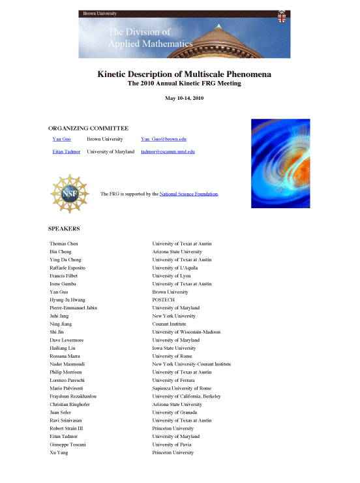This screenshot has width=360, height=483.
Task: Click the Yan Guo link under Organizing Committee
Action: click(61, 140)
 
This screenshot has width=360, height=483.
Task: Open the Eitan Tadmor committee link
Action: click(67, 151)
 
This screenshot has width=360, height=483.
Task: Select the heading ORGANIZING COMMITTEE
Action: click(88, 129)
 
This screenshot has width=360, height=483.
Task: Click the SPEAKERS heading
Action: click(64, 229)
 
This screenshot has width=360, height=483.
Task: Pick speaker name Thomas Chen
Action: click(65, 244)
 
